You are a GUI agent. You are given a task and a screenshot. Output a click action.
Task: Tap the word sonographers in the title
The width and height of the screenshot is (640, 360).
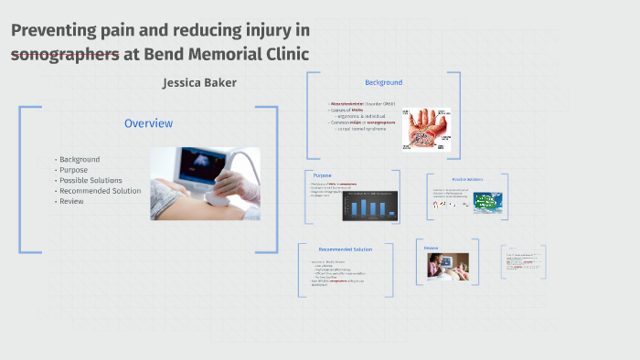65,54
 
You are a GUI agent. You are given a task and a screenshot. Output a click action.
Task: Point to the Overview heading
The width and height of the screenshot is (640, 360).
149,123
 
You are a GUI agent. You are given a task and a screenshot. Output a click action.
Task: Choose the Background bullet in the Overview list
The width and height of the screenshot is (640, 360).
80,160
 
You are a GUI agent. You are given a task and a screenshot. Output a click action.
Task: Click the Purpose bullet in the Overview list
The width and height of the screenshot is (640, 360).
74,170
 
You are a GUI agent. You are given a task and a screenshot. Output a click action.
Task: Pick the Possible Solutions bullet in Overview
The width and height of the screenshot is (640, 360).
91,181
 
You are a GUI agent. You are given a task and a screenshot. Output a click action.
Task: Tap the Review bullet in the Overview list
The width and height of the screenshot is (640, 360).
71,201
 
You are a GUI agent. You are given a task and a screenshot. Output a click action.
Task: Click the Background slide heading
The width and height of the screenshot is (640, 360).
383,82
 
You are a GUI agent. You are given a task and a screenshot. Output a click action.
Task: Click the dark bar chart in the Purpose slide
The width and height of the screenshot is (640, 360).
369,206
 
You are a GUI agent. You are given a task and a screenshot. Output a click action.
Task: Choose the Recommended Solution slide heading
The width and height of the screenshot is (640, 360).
346,249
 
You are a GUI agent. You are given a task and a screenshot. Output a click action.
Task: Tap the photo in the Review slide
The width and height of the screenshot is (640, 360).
447,266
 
